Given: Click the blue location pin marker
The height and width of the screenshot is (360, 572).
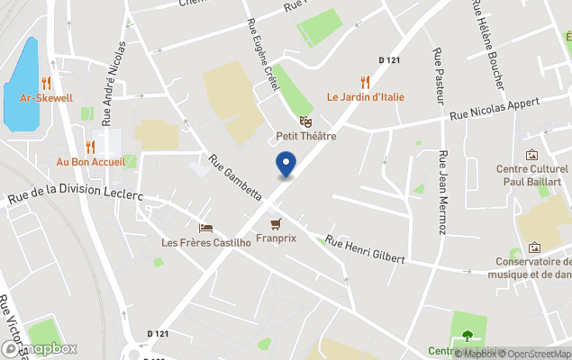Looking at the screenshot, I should (x=286, y=164).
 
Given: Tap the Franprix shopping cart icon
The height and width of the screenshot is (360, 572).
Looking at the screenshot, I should (x=276, y=223).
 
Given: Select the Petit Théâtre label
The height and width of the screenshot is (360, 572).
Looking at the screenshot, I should (x=305, y=136).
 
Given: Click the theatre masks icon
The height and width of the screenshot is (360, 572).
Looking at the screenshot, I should (x=305, y=121).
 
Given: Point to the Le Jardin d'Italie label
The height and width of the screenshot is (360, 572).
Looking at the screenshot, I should (x=365, y=97).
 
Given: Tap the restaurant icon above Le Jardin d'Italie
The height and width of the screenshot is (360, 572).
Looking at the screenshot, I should (x=365, y=81).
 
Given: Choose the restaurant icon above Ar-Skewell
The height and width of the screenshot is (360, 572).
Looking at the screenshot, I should (x=46, y=82).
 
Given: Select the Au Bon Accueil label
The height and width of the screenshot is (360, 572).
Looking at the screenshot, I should (x=89, y=162).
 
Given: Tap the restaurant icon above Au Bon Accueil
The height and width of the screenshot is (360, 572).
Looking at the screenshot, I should (x=89, y=146).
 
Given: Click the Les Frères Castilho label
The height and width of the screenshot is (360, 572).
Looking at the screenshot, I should (x=204, y=242).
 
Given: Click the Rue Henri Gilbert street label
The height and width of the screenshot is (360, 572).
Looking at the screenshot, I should (x=365, y=249).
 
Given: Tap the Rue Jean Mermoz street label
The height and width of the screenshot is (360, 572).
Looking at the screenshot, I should (x=442, y=192).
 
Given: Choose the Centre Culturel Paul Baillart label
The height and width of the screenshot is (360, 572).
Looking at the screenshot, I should (x=532, y=175).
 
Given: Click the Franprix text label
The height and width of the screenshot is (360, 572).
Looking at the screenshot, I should (x=276, y=238).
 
